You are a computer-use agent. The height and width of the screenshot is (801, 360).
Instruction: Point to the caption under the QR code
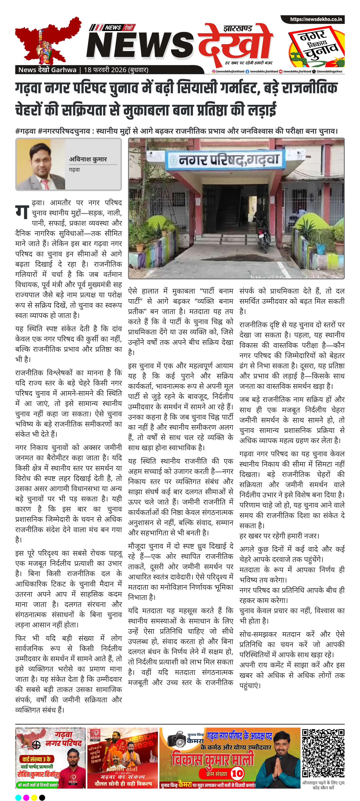tap(323, 785)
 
